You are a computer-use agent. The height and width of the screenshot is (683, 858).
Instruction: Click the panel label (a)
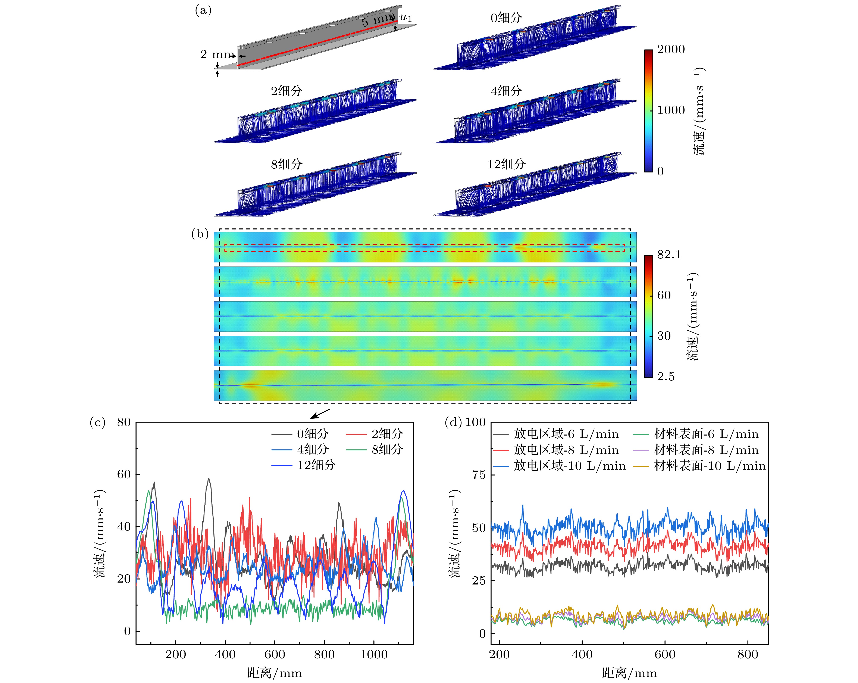203,11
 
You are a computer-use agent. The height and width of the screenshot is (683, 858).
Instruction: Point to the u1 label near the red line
405,18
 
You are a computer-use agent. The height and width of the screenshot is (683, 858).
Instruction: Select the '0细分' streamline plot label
506,18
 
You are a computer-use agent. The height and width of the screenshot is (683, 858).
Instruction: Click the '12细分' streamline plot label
506,164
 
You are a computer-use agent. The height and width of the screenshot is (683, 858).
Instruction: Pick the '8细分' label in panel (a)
286,164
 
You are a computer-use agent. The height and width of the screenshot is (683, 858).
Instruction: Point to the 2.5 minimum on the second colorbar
666,377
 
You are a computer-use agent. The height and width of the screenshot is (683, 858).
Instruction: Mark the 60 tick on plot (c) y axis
124,474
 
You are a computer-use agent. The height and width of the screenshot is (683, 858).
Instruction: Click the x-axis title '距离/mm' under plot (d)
629,673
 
